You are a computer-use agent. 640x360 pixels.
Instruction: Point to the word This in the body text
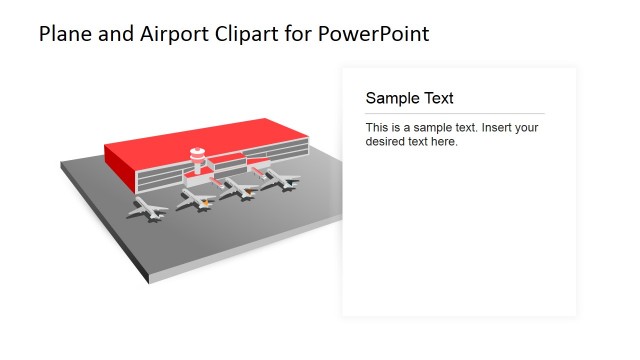[x=378, y=128]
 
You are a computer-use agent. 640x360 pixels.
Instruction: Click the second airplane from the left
[x=196, y=200]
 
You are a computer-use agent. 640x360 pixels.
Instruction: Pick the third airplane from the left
[x=240, y=189]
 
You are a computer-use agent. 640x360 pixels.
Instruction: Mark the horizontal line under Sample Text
[x=455, y=113]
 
